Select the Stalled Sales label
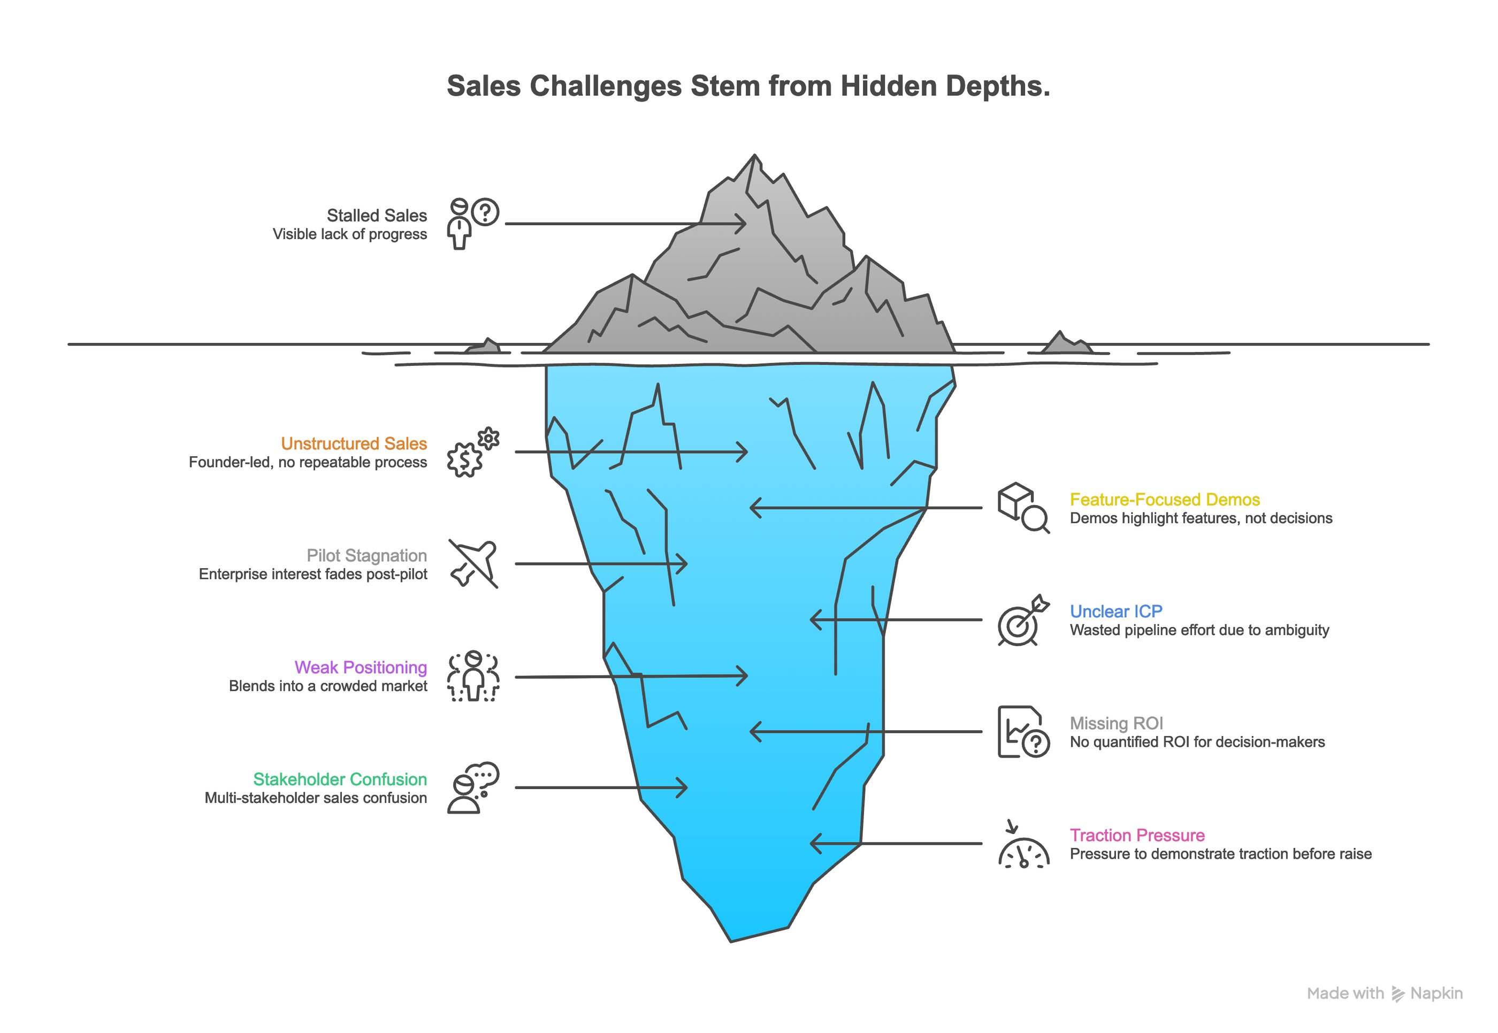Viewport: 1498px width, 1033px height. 376,216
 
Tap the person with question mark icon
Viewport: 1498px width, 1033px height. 472,223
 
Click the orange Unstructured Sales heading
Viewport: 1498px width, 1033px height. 354,443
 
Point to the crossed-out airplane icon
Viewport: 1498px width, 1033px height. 473,563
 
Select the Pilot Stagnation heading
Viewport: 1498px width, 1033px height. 366,555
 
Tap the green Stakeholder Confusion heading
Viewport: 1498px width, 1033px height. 340,779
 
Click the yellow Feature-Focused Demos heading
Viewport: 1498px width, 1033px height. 1165,500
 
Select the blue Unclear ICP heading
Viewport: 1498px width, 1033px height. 1116,611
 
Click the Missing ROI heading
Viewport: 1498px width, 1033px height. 1116,724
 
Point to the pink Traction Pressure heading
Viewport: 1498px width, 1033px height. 1137,836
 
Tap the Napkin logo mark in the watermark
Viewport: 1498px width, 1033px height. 1398,994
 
